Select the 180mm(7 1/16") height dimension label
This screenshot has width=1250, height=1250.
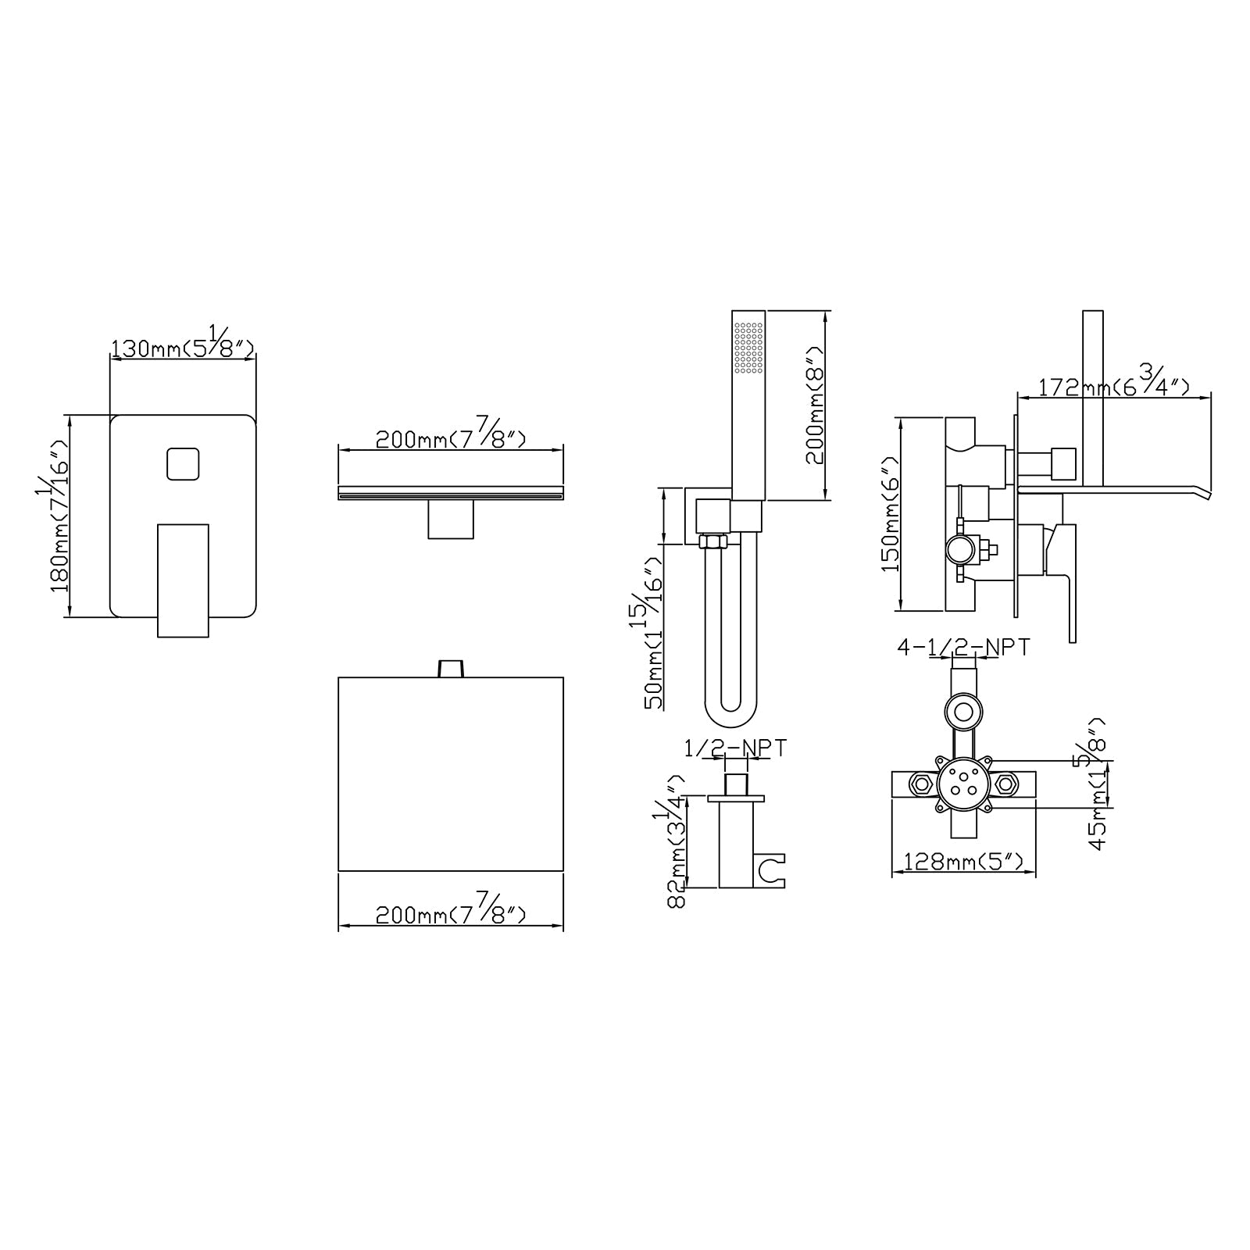point(61,516)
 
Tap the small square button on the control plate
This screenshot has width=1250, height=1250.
point(184,464)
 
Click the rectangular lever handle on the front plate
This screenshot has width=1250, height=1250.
point(184,580)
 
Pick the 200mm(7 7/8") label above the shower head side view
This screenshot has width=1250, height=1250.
point(451,438)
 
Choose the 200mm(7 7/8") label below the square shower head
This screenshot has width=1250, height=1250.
point(451,913)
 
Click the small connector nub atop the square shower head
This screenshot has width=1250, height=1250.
point(451,669)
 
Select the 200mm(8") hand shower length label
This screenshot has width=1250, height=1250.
point(815,406)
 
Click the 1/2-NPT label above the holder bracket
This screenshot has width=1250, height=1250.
point(735,748)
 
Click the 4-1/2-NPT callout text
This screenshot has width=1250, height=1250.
point(963,647)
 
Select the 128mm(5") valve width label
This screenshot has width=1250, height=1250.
point(963,862)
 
